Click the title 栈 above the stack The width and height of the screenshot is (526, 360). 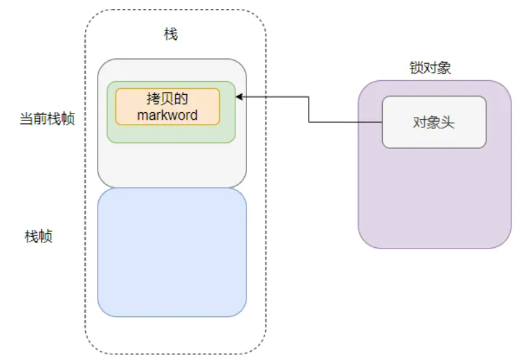[x=170, y=35]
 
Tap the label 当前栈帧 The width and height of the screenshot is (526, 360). [x=47, y=119]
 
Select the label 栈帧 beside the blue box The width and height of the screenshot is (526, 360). [x=39, y=237]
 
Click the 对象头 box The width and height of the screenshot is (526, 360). [x=434, y=122]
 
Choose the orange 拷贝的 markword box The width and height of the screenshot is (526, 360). [x=167, y=106]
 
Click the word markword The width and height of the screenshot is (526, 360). [x=167, y=114]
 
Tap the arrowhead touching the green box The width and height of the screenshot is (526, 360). [x=239, y=98]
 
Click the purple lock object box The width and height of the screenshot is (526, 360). [x=434, y=201]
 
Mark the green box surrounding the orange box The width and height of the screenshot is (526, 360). [x=172, y=134]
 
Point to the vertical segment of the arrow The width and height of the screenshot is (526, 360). [x=309, y=110]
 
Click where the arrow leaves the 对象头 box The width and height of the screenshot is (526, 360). [x=382, y=123]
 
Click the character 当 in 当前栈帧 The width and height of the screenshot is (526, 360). [x=25, y=119]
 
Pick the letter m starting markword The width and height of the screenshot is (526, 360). [x=142, y=115]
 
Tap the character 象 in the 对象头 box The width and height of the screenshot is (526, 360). [x=434, y=122]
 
